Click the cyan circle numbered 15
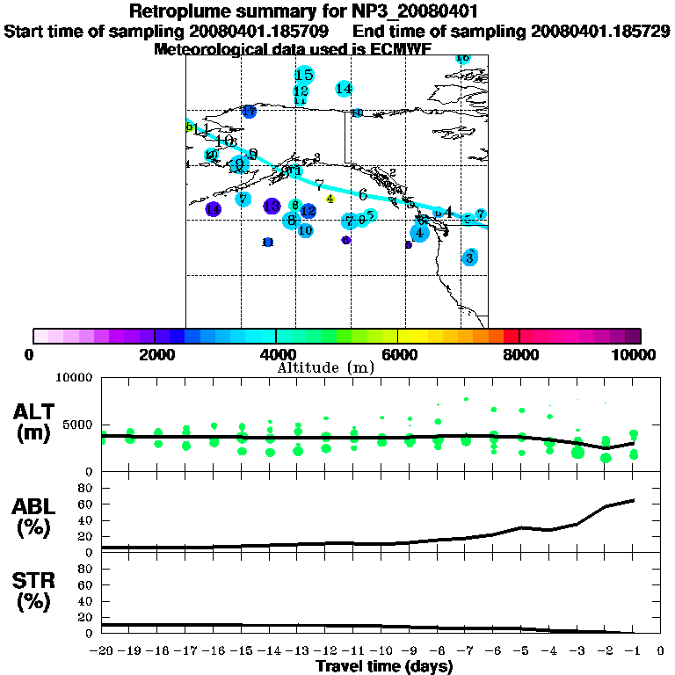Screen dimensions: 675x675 pyautogui.click(x=304, y=75)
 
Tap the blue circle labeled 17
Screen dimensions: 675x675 pyautogui.click(x=250, y=112)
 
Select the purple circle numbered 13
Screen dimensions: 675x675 pyautogui.click(x=272, y=206)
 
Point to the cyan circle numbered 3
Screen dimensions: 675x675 pyautogui.click(x=471, y=258)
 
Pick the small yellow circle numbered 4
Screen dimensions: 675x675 pyautogui.click(x=330, y=199)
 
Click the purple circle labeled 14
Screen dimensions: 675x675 pyautogui.click(x=214, y=209)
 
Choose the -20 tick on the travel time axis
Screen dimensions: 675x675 pyautogui.click(x=102, y=651)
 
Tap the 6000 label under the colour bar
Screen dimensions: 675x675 pyautogui.click(x=397, y=354)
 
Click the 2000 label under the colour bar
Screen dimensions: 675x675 pyautogui.click(x=154, y=354)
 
